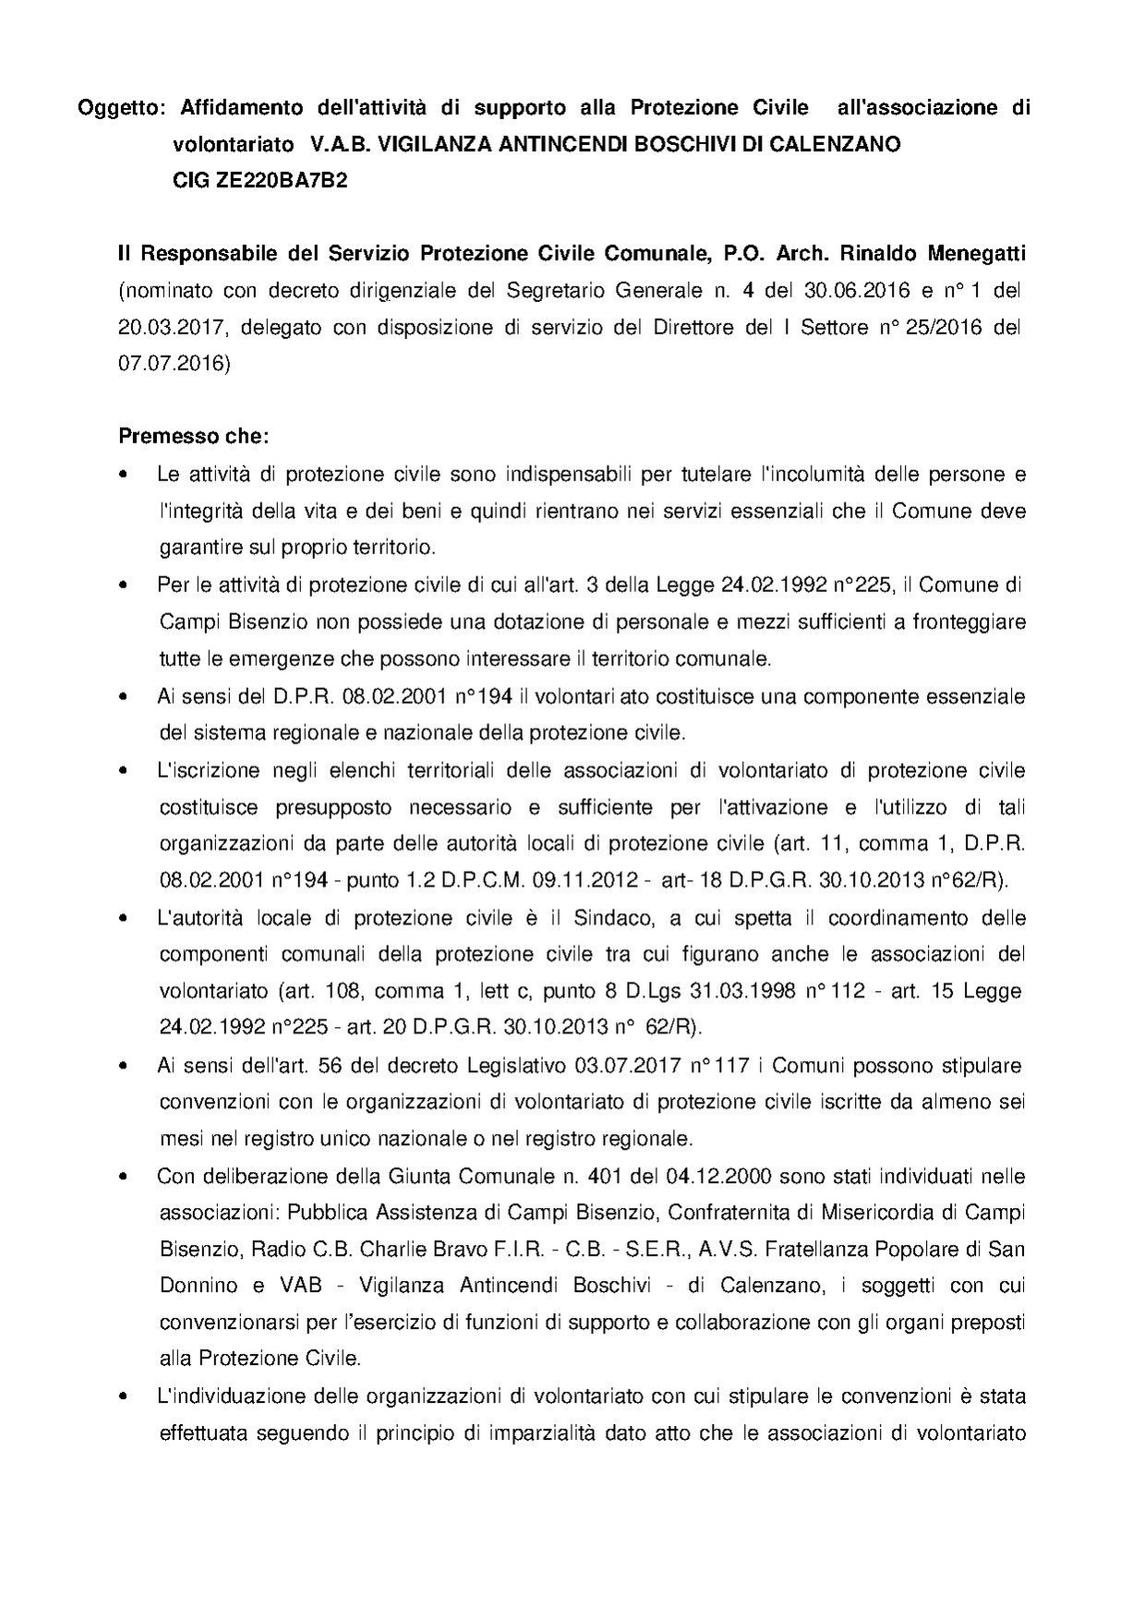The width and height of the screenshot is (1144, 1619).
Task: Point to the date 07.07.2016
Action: (175, 364)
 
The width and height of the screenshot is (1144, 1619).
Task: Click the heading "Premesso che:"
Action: (195, 434)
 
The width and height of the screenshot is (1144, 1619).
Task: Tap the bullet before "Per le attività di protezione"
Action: (124, 586)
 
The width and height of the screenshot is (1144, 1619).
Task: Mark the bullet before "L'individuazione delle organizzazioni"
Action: (124, 1397)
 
